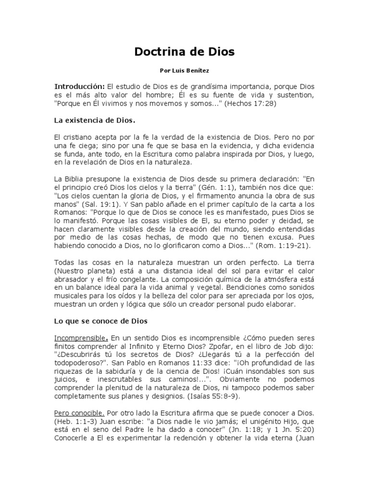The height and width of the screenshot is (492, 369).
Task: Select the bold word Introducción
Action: click(79, 86)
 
